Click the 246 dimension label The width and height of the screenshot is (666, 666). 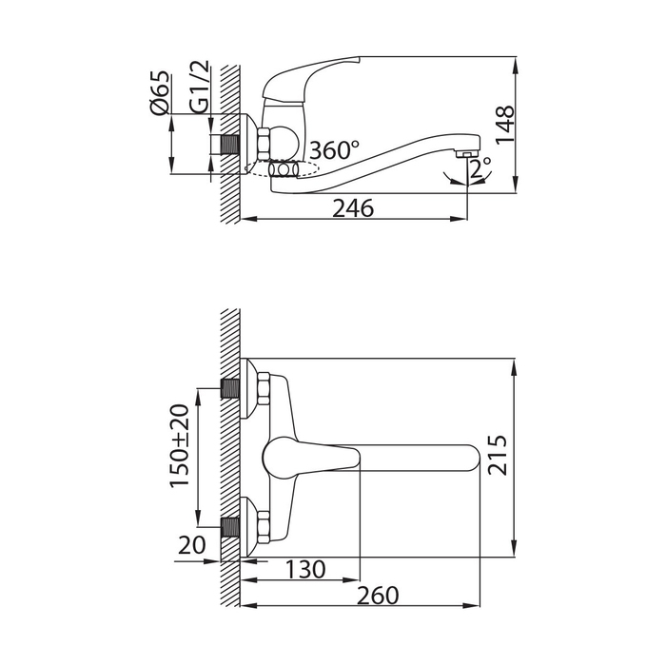(353, 208)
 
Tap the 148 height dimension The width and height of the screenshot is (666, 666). (505, 125)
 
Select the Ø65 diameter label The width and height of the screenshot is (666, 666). (160, 93)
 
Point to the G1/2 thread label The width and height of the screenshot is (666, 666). (200, 87)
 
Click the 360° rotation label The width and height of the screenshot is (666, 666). (334, 150)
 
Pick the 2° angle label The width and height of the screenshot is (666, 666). (480, 168)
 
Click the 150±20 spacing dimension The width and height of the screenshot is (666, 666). (180, 445)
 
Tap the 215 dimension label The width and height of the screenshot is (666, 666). (498, 455)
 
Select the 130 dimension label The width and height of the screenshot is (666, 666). (305, 569)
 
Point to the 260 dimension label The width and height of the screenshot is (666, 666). (378, 596)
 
